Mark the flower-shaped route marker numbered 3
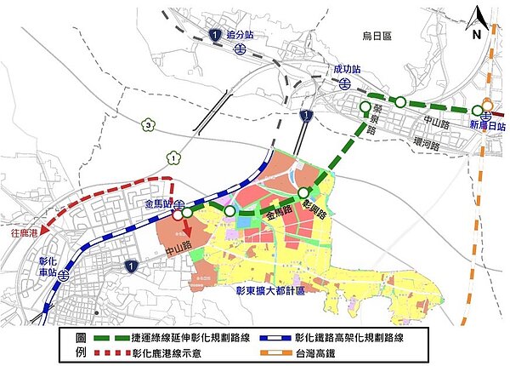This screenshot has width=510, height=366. coord(149,126)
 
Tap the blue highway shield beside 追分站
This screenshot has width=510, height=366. coord(216,34)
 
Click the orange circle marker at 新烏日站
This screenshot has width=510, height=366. coord(488,106)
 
